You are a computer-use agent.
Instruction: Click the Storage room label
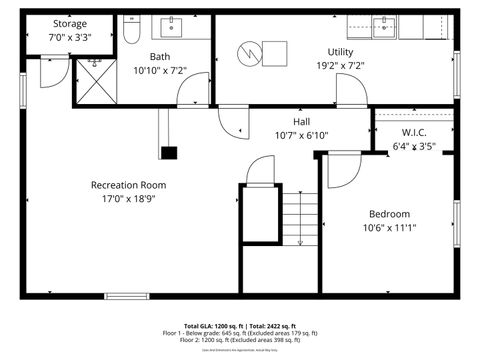click(x=70, y=22)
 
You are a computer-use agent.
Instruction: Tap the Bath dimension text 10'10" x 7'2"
click(x=160, y=70)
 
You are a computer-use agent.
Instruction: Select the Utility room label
click(x=340, y=52)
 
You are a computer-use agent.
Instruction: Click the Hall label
click(x=301, y=121)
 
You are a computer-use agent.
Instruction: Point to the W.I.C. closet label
click(x=415, y=132)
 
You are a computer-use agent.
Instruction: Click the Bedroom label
click(x=389, y=213)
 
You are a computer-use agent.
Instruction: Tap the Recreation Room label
click(x=128, y=184)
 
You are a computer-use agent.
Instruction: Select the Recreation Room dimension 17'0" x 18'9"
click(x=128, y=198)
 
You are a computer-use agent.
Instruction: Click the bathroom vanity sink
click(x=171, y=24)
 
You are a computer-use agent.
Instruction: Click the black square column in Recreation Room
click(x=169, y=153)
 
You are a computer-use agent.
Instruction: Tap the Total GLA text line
click(x=239, y=327)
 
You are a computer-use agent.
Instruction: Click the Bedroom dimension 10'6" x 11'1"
click(x=389, y=227)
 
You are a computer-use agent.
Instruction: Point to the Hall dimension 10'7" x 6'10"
click(x=301, y=135)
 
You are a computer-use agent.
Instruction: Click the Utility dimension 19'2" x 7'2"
click(x=340, y=66)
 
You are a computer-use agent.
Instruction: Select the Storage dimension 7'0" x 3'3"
click(x=70, y=37)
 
